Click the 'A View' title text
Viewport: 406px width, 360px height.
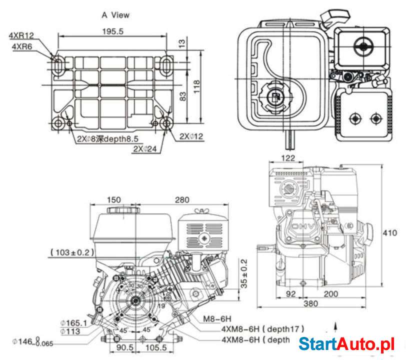pyautogui.click(x=115, y=15)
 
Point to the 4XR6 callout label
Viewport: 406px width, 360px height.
pyautogui.click(x=22, y=46)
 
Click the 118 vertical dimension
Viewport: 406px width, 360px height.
pyautogui.click(x=196, y=83)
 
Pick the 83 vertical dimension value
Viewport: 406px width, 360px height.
pyautogui.click(x=182, y=96)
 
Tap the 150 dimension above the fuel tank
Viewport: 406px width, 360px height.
pyautogui.click(x=114, y=200)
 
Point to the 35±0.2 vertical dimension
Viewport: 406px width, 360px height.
pyautogui.click(x=244, y=274)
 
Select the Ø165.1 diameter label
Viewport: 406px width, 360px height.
pyautogui.click(x=73, y=323)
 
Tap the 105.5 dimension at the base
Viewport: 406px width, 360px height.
pyautogui.click(x=156, y=347)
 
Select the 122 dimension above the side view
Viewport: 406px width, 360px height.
pyautogui.click(x=288, y=158)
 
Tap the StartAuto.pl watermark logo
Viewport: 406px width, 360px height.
pyautogui.click(x=346, y=344)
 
